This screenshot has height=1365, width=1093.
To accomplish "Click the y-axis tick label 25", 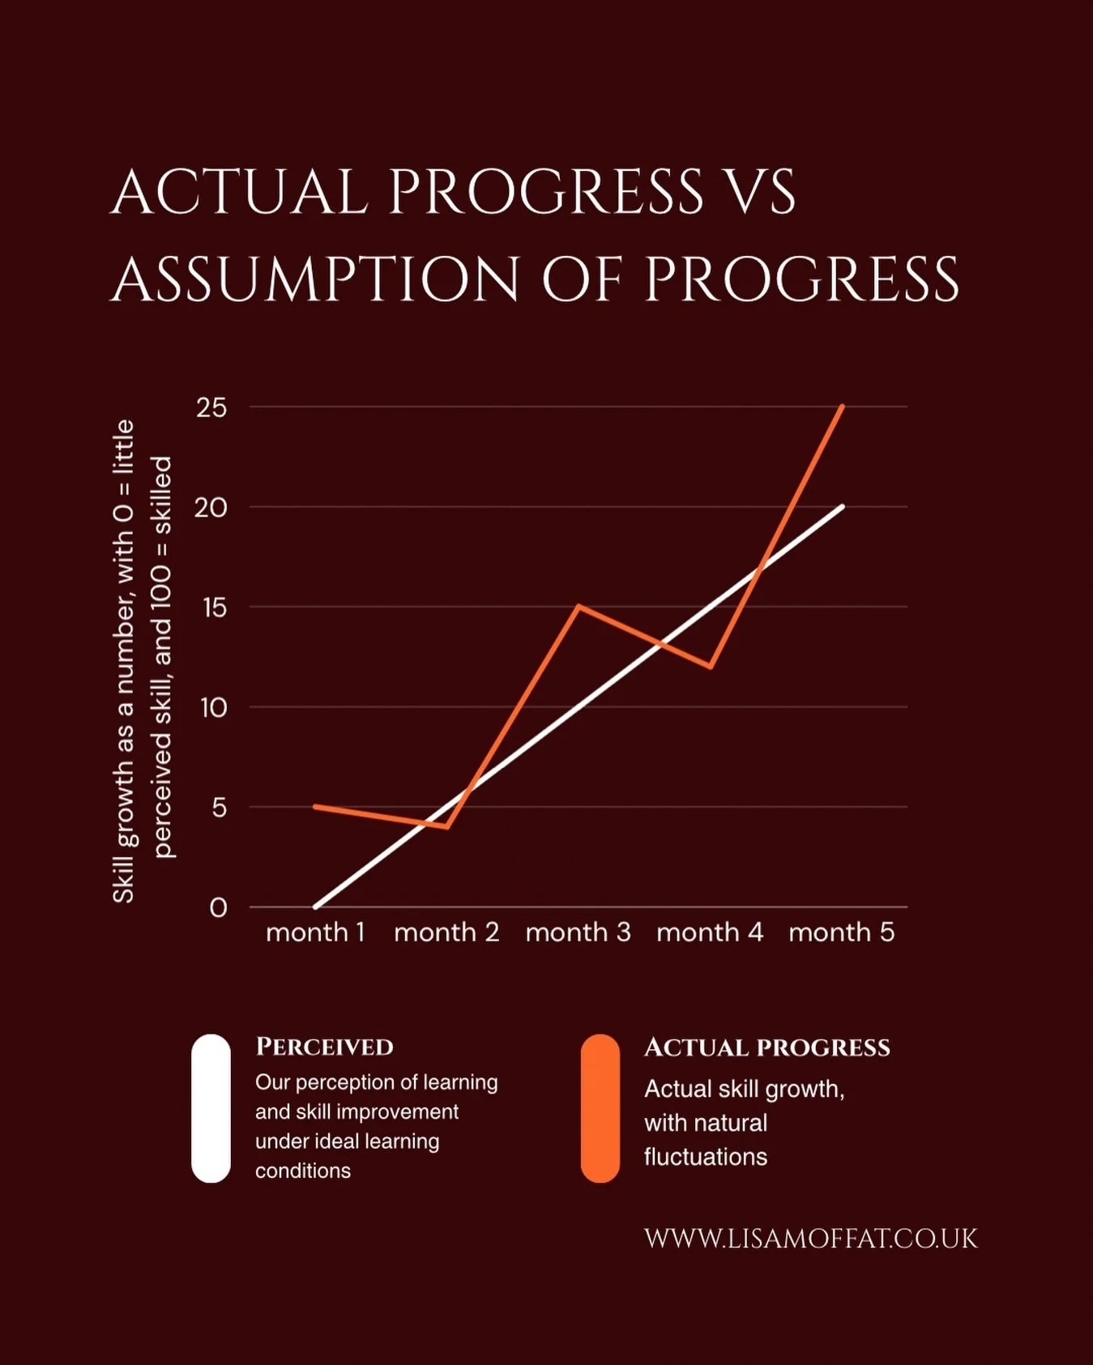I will (x=211, y=407).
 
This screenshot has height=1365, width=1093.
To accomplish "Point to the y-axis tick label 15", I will (x=215, y=608).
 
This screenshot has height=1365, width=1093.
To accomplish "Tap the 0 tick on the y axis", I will (x=218, y=908).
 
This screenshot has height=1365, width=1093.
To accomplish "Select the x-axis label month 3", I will (x=578, y=932).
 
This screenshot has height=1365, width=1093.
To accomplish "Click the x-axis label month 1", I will (x=315, y=932).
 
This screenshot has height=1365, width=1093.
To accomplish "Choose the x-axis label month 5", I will (x=841, y=932).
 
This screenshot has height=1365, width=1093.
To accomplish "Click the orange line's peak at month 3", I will (x=579, y=606).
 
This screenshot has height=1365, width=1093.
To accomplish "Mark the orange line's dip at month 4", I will (x=711, y=667).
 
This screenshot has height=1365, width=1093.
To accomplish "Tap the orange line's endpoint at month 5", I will (x=843, y=407).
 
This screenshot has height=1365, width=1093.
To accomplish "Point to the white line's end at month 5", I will (x=843, y=507).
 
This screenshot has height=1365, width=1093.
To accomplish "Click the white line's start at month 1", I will (x=315, y=906).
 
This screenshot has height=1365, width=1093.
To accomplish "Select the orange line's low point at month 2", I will (x=446, y=826).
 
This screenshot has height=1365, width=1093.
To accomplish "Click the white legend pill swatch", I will (x=211, y=1108).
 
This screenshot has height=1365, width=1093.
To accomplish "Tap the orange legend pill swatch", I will (x=600, y=1108).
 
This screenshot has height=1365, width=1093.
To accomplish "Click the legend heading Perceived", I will (x=324, y=1047).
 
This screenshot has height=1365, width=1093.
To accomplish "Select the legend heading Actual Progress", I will (x=766, y=1047).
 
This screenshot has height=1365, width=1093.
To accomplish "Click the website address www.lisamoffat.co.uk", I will (x=810, y=1239).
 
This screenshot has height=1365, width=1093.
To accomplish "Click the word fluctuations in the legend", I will (x=705, y=1157).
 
